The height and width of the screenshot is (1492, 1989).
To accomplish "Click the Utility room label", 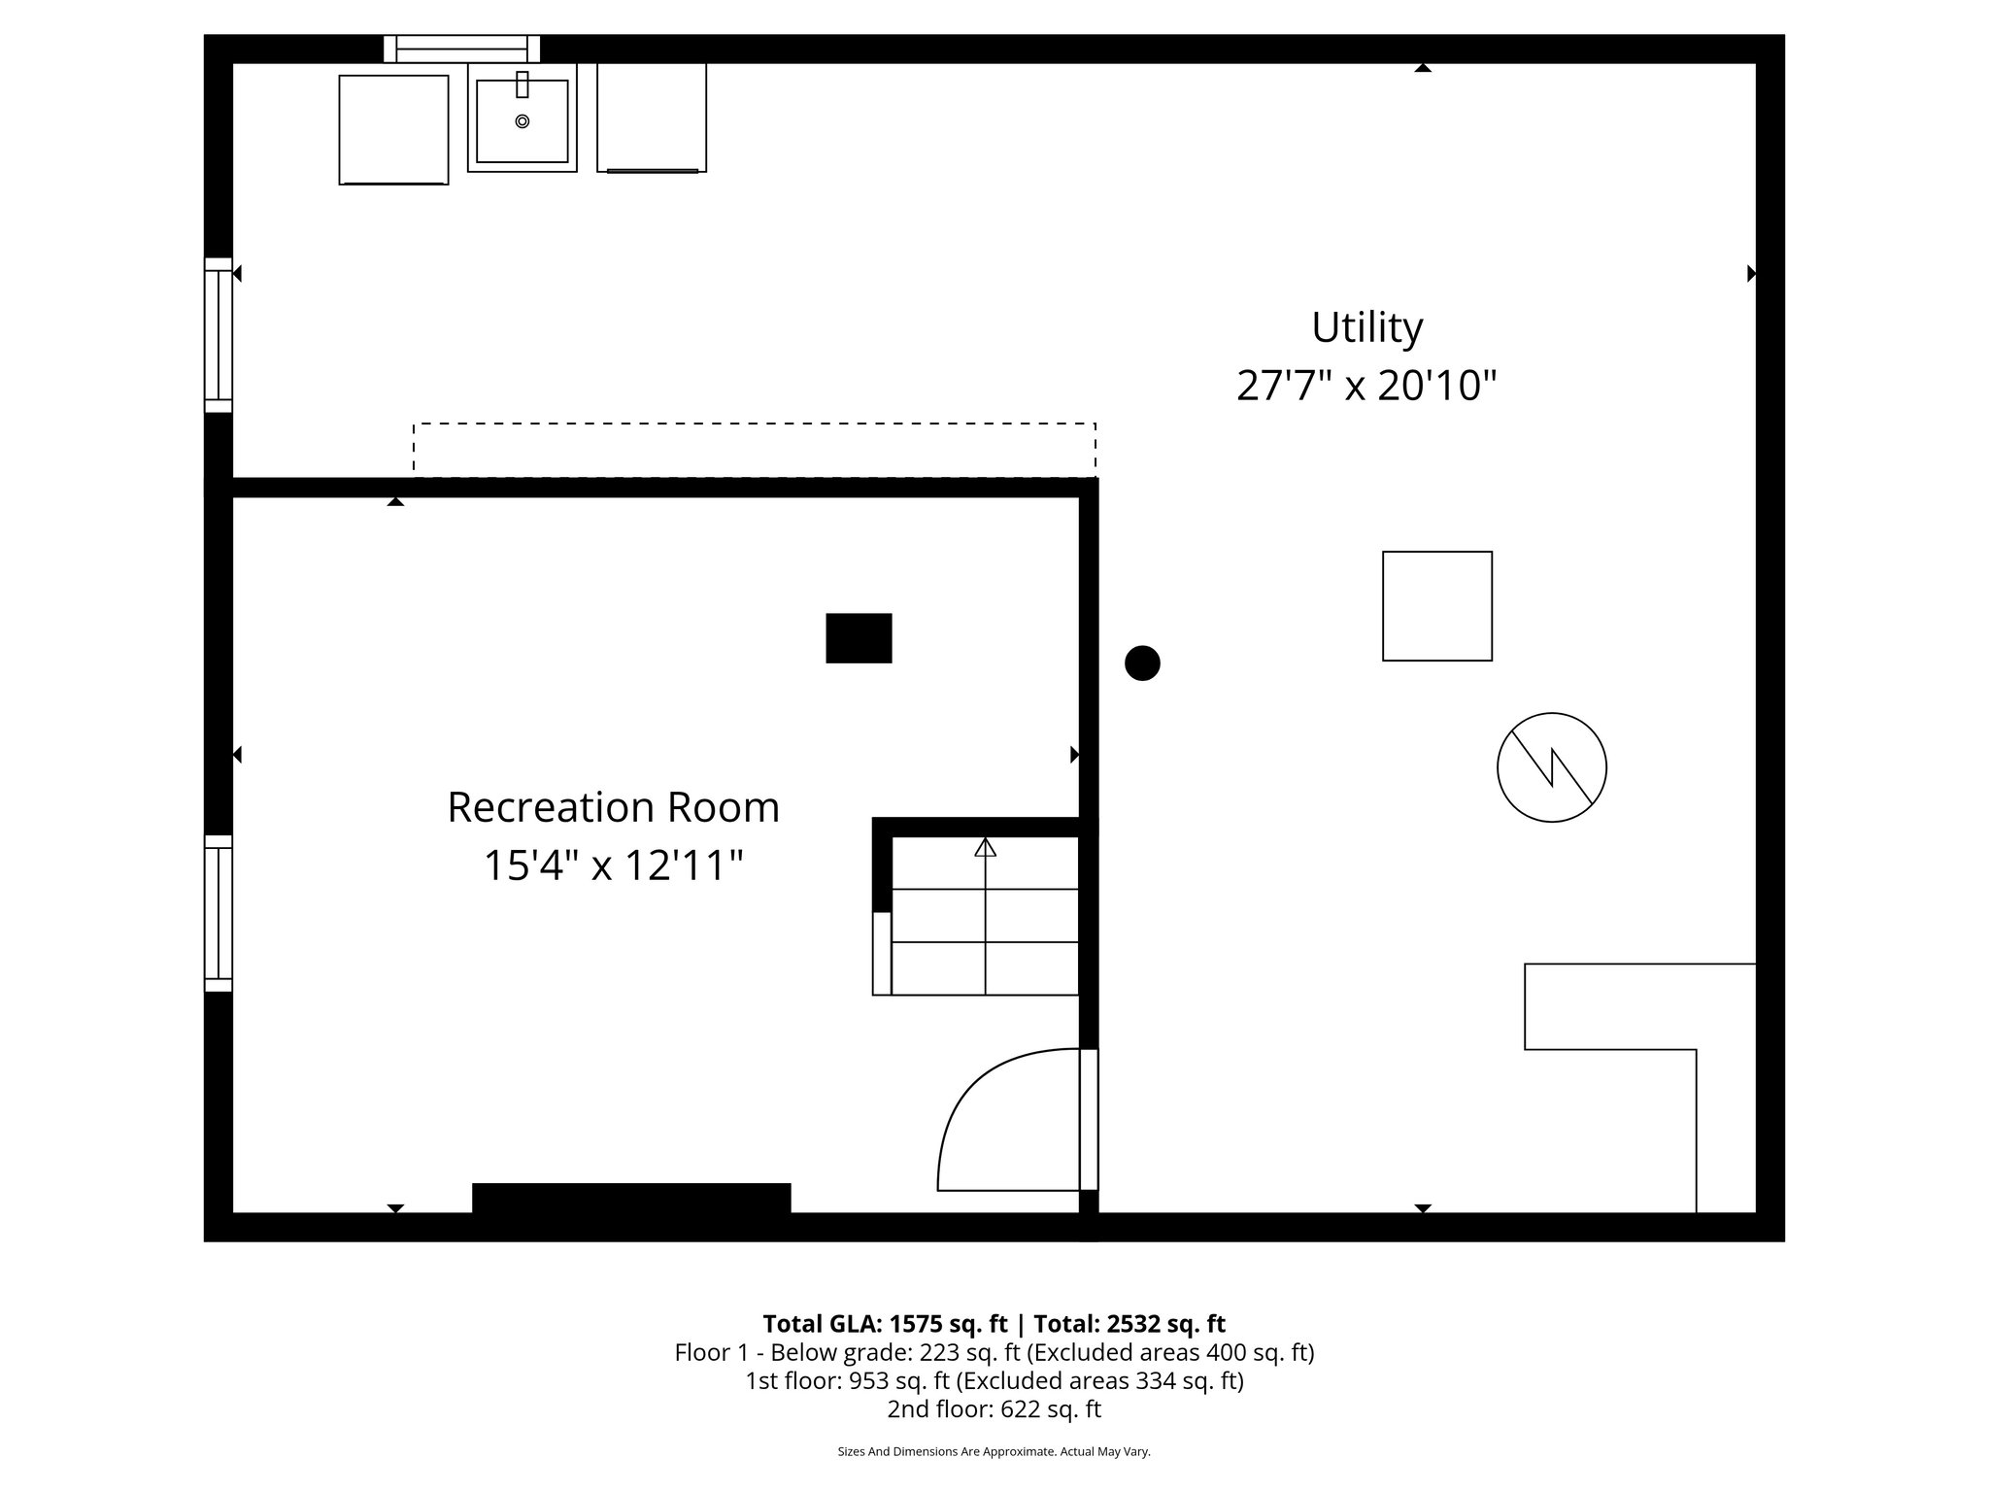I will [x=1366, y=327].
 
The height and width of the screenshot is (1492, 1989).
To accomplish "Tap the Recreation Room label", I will [x=613, y=807].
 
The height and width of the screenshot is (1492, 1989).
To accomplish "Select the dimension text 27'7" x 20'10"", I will [x=1365, y=386].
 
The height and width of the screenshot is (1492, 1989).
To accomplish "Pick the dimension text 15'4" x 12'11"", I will [x=613, y=865].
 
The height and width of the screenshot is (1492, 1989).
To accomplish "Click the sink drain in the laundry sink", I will [x=523, y=121].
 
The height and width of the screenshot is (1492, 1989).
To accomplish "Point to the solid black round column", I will [x=1142, y=663].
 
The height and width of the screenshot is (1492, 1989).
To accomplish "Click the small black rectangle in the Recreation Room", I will [x=859, y=638].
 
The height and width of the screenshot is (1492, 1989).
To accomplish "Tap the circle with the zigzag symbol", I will [x=1551, y=767].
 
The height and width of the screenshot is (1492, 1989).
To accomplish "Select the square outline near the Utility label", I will [x=1436, y=606].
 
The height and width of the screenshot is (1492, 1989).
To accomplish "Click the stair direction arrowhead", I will [x=986, y=847].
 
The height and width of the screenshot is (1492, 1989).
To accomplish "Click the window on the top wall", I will [x=461, y=49].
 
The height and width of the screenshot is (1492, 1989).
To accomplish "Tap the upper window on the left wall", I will [x=219, y=335].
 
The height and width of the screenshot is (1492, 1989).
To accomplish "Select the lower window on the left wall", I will [x=219, y=913].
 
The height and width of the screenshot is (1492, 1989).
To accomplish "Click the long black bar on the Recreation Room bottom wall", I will [x=631, y=1198].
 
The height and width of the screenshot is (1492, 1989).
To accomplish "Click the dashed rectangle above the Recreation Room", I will [x=755, y=450].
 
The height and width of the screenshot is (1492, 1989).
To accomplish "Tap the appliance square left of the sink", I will [x=393, y=129].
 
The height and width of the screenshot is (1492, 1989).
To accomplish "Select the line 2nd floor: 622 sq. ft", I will [x=994, y=1408].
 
